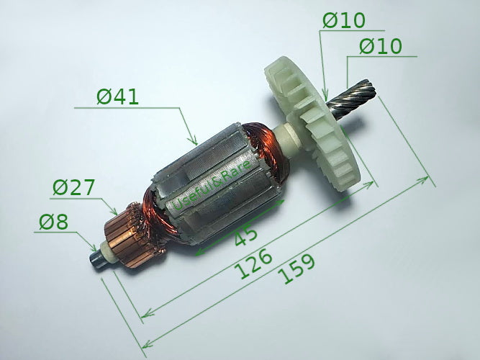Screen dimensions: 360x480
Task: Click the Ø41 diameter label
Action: (x=118, y=96)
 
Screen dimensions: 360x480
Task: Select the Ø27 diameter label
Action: (x=73, y=188)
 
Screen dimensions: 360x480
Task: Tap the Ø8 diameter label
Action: (x=52, y=222)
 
